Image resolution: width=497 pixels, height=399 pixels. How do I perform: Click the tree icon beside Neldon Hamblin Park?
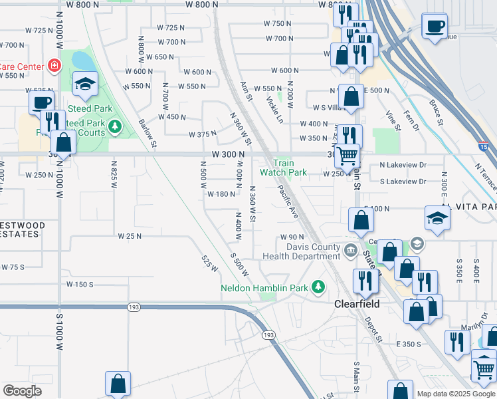[x=319, y=287]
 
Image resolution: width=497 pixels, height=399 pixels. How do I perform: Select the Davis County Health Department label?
[x=303, y=252]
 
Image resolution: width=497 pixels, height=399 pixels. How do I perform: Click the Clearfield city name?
[x=355, y=303]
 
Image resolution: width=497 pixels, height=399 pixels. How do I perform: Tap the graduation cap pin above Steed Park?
[x=84, y=84]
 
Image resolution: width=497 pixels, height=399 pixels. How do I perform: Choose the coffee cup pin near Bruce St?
[x=435, y=27]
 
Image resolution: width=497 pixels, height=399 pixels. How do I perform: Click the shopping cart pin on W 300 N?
[x=346, y=157]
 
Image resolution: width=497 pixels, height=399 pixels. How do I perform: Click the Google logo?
[x=22, y=391]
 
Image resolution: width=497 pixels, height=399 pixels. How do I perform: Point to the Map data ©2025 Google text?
[x=456, y=394]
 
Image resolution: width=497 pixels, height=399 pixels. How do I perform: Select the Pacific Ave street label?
[x=290, y=203]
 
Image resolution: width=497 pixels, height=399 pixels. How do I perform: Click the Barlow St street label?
[x=148, y=133]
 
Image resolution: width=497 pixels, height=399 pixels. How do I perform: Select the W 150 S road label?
[x=80, y=284]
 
